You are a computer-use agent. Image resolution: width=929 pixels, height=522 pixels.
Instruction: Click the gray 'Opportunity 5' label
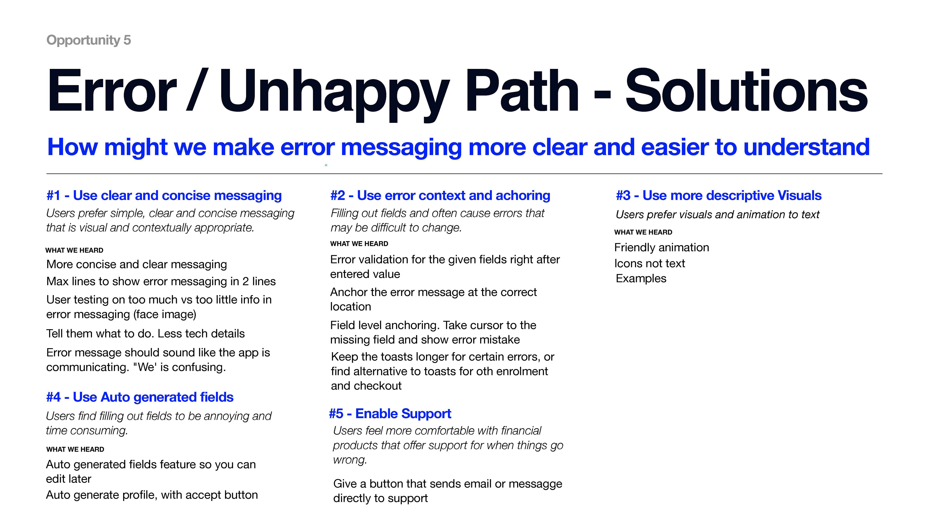pyautogui.click(x=88, y=40)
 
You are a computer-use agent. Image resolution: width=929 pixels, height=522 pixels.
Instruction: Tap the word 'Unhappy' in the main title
pyautogui.click(x=334, y=92)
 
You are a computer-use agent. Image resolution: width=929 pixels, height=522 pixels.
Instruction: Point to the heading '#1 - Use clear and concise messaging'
pyautogui.click(x=164, y=195)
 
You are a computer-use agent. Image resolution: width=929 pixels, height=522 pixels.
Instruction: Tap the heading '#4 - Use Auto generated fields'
pyautogui.click(x=140, y=397)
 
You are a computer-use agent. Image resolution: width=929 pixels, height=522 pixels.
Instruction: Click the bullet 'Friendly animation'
pyautogui.click(x=661, y=247)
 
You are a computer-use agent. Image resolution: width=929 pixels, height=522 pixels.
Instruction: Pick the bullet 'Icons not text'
pyautogui.click(x=649, y=263)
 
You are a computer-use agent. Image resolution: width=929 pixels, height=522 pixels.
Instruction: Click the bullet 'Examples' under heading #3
pyautogui.click(x=641, y=278)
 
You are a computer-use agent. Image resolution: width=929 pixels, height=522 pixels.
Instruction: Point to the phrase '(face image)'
pyautogui.click(x=165, y=314)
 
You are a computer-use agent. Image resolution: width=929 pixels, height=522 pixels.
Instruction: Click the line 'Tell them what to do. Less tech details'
pyautogui.click(x=145, y=333)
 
